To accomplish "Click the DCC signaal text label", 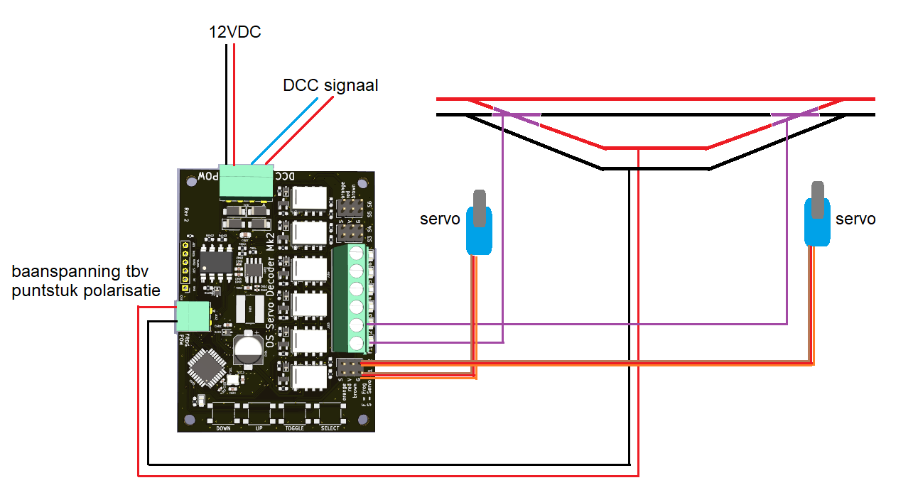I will pyautogui.click(x=330, y=86).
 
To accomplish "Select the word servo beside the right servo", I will pyautogui.click(x=855, y=219).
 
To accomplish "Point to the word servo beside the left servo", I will pyautogui.click(x=440, y=219).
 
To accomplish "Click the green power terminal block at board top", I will pyautogui.click(x=246, y=182).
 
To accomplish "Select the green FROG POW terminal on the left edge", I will pyautogui.click(x=193, y=317).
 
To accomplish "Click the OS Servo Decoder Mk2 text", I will pyautogui.click(x=270, y=291).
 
